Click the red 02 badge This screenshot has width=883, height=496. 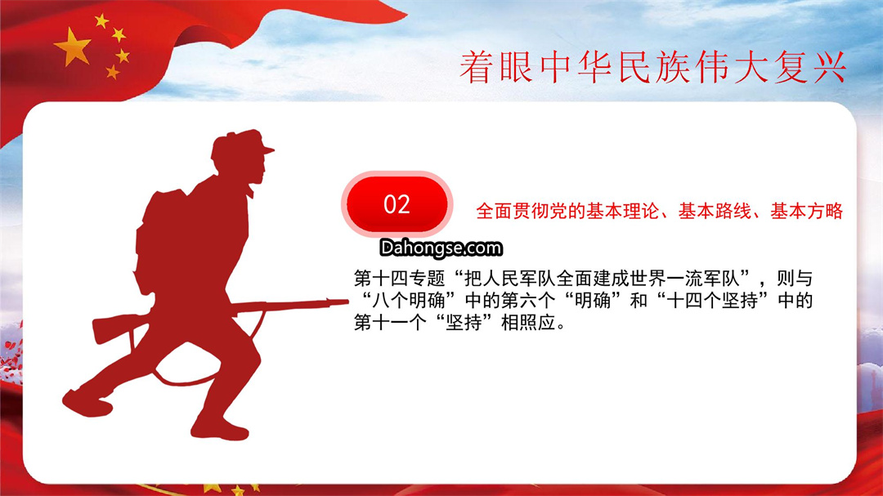(397, 203)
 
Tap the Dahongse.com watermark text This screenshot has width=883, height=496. (441, 248)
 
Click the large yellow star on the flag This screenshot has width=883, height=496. (73, 47)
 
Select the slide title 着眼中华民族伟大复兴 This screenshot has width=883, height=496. (653, 68)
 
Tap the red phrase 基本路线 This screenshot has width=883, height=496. (715, 211)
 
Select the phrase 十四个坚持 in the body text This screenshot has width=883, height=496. (712, 301)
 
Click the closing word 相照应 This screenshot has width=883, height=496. (527, 323)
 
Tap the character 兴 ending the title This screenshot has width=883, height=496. (829, 68)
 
